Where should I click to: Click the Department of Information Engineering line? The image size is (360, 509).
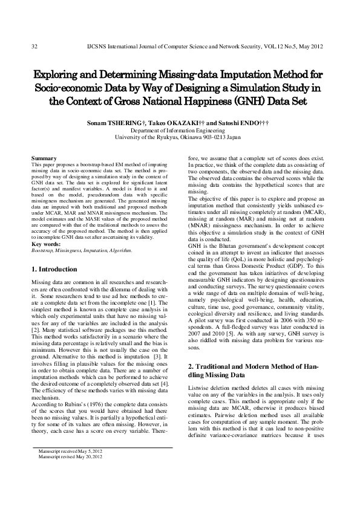(x=180, y=129)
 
